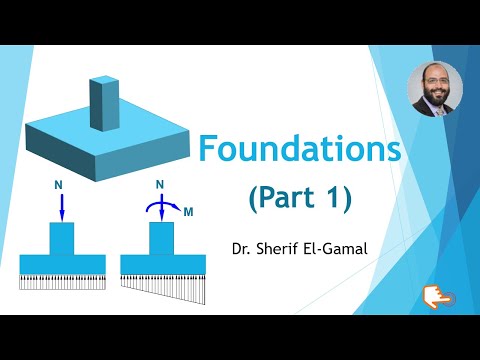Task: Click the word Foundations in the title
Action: (x=299, y=150)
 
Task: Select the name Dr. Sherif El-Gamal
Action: (x=296, y=245)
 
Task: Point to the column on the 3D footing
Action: (x=103, y=101)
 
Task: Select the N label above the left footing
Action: (x=62, y=186)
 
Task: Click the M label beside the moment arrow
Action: (x=189, y=211)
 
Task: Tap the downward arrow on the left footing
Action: (x=62, y=207)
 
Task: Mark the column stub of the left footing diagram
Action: (x=62, y=238)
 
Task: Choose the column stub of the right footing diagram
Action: (x=162, y=238)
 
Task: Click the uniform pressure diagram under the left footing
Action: (x=62, y=281)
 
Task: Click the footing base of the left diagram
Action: (x=62, y=263)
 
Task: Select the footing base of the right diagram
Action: (x=162, y=263)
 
